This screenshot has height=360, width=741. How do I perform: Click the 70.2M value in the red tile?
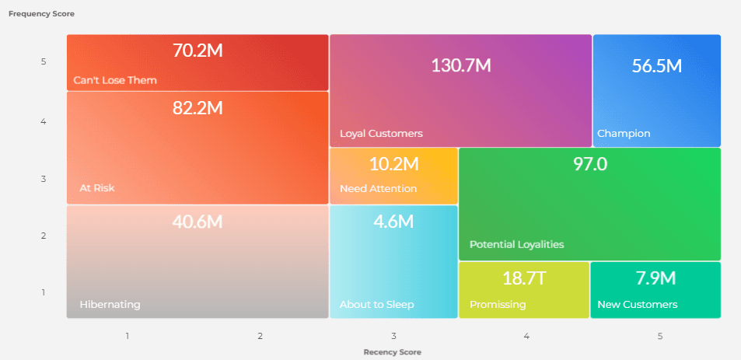(197, 51)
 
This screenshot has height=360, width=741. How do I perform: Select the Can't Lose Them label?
(115, 80)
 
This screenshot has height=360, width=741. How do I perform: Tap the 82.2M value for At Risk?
(197, 108)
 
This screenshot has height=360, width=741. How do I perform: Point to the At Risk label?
(97, 187)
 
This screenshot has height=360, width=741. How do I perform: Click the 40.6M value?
(197, 222)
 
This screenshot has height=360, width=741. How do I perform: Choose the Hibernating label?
(110, 304)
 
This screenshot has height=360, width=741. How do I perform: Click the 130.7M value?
(460, 65)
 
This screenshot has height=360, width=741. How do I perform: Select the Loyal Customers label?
(381, 133)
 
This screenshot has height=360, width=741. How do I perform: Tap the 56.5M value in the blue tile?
(656, 66)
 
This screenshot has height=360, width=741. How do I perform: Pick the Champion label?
(624, 133)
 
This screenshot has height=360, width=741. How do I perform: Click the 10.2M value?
(393, 164)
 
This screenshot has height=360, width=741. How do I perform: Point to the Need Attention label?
(378, 189)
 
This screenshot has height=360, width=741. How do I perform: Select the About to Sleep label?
(377, 304)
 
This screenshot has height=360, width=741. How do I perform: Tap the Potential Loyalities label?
(516, 244)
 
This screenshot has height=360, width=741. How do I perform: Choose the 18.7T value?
(524, 278)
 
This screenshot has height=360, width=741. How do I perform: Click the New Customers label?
(637, 304)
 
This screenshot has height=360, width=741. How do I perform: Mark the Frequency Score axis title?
(42, 14)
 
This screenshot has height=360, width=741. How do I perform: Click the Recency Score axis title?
(393, 351)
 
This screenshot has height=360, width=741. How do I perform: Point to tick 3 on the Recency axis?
(393, 336)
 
